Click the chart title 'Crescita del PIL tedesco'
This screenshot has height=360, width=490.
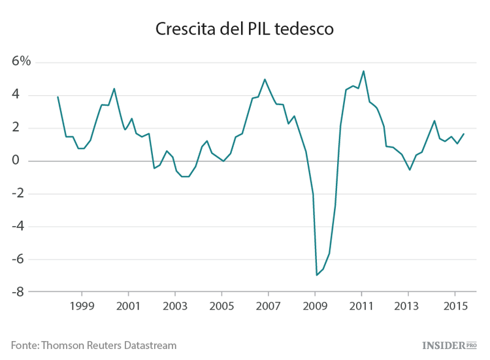point(244,29)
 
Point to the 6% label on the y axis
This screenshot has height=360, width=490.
point(21,61)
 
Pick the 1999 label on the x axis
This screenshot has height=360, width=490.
point(82,306)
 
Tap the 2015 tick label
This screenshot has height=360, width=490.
point(455,306)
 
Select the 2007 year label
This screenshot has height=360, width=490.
point(268,306)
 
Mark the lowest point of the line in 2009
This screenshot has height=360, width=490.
point(317,275)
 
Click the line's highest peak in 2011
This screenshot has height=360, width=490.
point(363,71)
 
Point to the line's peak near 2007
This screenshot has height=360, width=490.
point(265,79)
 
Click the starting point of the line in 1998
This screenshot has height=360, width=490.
point(58,97)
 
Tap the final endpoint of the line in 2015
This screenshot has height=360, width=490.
point(464,134)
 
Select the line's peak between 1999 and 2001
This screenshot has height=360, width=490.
point(114,88)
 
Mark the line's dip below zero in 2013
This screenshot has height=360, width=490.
point(410,170)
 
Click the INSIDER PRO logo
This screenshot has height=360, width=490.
point(453,344)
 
